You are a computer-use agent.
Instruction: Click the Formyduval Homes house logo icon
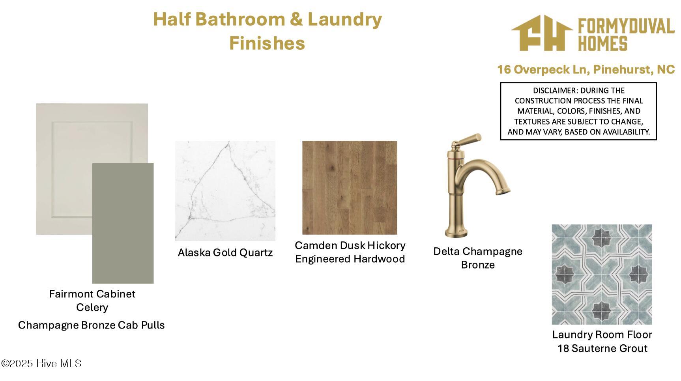(x=542, y=33)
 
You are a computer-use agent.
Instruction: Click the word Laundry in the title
(x=344, y=19)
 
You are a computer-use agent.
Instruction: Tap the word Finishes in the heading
(x=267, y=43)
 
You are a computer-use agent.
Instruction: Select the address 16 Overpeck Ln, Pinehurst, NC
(x=586, y=69)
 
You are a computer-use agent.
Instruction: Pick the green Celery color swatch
(x=123, y=223)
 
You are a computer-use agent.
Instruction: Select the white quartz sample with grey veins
(x=225, y=190)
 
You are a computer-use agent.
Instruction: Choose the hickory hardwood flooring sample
(x=350, y=187)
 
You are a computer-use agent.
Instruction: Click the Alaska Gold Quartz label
(x=225, y=252)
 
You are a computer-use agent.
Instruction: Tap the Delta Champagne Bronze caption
(x=478, y=258)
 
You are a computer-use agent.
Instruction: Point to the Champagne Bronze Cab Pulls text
(x=92, y=325)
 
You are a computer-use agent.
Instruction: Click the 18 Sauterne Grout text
(x=602, y=348)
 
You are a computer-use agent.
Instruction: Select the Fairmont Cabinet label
(x=92, y=294)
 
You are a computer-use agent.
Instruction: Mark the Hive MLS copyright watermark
(x=41, y=363)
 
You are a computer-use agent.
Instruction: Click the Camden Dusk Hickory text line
(x=350, y=245)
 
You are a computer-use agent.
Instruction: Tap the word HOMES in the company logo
(x=603, y=43)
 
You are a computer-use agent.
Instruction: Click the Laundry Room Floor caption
(x=602, y=334)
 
